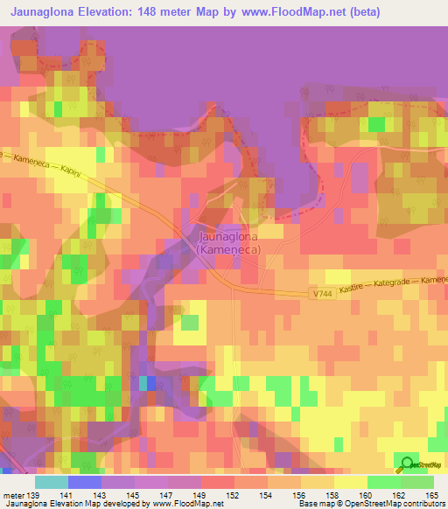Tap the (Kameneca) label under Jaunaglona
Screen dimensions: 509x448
click(x=227, y=249)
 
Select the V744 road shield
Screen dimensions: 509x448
click(x=321, y=296)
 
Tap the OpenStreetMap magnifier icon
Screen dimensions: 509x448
click(x=407, y=465)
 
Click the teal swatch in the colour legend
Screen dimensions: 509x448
click(x=51, y=482)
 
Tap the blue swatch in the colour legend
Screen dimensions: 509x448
click(x=84, y=482)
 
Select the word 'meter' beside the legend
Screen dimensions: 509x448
click(x=12, y=496)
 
